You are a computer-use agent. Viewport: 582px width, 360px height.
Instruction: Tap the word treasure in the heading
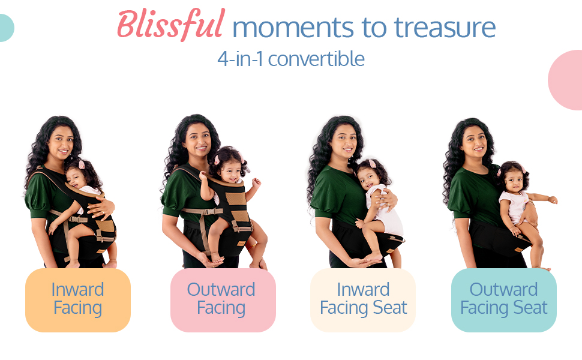point(445,28)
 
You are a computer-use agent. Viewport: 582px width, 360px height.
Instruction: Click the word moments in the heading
point(293,29)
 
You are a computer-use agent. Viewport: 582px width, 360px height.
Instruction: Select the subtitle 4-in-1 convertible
point(291,59)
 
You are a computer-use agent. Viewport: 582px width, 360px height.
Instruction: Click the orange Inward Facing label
point(78,300)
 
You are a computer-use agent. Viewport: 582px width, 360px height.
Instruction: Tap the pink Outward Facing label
point(223,300)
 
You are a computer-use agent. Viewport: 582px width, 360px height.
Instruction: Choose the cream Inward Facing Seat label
point(363,300)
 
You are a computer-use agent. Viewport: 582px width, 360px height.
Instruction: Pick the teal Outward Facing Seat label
point(503,300)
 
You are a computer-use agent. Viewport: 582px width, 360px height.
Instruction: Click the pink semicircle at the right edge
point(566,80)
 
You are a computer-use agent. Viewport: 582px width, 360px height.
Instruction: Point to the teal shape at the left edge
point(6,28)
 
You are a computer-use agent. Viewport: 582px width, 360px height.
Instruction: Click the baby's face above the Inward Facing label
point(76,178)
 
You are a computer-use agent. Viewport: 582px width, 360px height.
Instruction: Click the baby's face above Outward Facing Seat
point(514,181)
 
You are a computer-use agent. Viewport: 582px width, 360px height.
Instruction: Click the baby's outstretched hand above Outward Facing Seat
point(553,200)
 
